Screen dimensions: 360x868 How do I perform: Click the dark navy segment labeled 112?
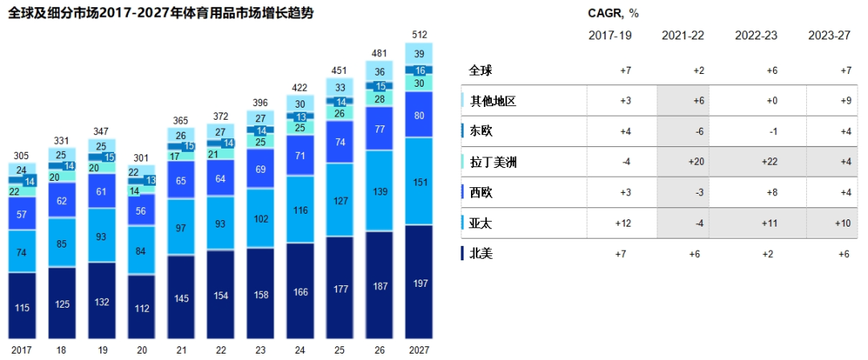(141, 308)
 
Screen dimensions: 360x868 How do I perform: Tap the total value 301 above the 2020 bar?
(141, 158)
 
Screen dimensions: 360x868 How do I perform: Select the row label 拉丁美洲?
(493, 162)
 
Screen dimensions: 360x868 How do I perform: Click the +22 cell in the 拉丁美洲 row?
(772, 162)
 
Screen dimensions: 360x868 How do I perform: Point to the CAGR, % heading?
(614, 14)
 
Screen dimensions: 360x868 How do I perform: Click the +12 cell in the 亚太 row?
(622, 223)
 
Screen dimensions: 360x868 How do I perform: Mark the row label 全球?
(481, 71)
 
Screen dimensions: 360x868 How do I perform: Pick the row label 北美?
(482, 253)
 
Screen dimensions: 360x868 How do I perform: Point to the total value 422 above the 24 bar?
(299, 88)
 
